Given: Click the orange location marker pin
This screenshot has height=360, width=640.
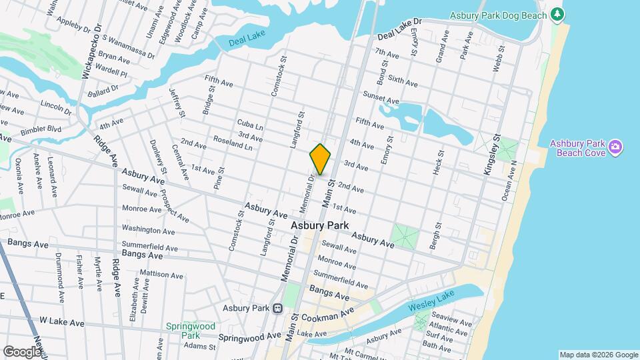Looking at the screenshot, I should pos(320,159).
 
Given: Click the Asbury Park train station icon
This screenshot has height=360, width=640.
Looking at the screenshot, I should pos(277,308).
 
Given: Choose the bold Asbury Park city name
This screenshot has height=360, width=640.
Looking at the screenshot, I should pos(319,226).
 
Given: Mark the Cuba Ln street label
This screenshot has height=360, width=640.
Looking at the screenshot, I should pos(250,125).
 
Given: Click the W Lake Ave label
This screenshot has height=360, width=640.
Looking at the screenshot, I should pos(62,322).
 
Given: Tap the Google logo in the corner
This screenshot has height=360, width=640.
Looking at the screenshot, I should pos(22,351).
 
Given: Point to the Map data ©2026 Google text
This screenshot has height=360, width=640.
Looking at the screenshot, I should pos(598,355).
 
